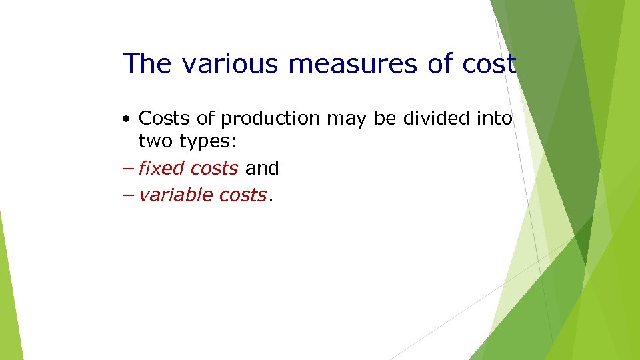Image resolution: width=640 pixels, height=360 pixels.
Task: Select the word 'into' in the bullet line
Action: (493, 119)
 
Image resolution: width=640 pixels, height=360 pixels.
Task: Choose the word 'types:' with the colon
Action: (202, 142)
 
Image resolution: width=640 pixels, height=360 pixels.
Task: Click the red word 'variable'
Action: (175, 195)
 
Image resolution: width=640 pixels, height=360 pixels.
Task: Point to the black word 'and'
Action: (262, 169)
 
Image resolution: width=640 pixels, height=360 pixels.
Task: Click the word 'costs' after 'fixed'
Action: (214, 169)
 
